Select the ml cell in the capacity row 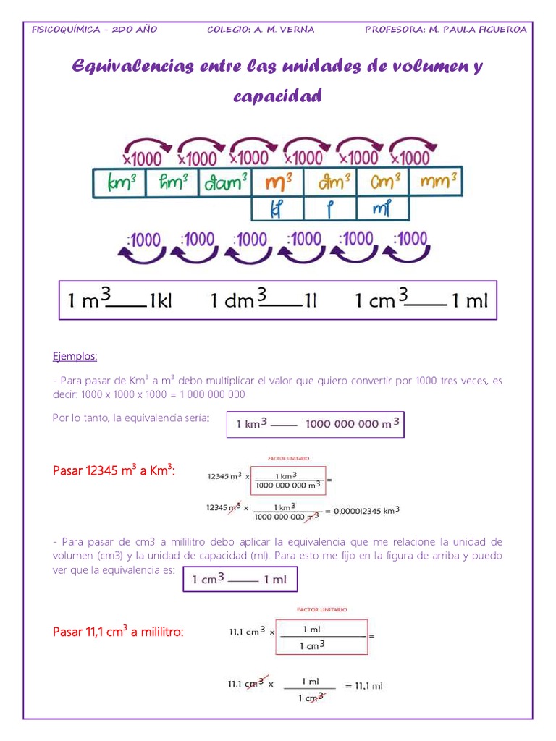pyautogui.click(x=382, y=209)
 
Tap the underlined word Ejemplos pyautogui.click(x=75, y=357)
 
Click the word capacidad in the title pyautogui.click(x=277, y=96)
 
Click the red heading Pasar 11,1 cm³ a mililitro pyautogui.click(x=119, y=632)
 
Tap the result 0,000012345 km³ pyautogui.click(x=367, y=510)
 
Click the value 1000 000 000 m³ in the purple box pyautogui.click(x=352, y=424)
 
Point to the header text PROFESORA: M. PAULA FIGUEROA pyautogui.click(x=446, y=30)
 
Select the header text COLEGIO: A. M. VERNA pyautogui.click(x=261, y=30)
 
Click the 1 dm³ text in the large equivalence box pyautogui.click(x=239, y=300)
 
